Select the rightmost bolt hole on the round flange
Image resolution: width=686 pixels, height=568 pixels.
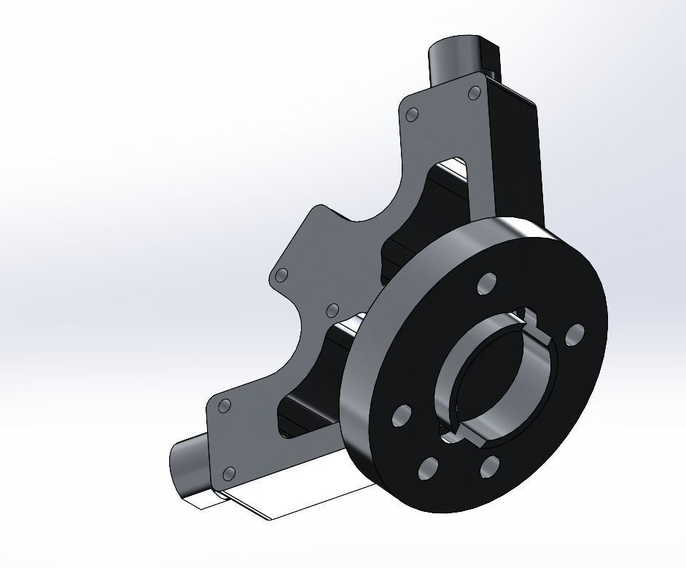(574, 335)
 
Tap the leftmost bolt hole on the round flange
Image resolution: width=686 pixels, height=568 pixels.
(402, 416)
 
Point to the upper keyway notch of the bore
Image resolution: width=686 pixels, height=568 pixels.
(528, 319)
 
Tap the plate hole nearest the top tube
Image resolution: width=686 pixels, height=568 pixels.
(473, 93)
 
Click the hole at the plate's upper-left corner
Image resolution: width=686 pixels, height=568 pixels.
(412, 115)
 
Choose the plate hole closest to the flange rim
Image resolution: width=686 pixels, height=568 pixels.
(333, 310)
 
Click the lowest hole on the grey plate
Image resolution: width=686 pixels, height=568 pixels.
(229, 474)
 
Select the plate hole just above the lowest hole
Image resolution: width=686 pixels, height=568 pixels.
(225, 405)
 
